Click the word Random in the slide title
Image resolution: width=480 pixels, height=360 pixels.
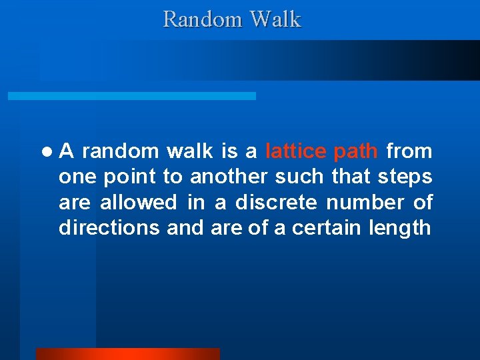[203, 19]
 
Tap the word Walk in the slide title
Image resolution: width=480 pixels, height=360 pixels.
[275, 19]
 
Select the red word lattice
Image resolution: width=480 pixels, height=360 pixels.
[296, 152]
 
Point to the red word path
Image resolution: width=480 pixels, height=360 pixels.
[355, 152]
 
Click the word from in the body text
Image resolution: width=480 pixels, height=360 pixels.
[409, 152]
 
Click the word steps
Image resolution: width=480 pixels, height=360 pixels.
[405, 177]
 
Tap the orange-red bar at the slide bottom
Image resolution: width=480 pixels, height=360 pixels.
[127, 353]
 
